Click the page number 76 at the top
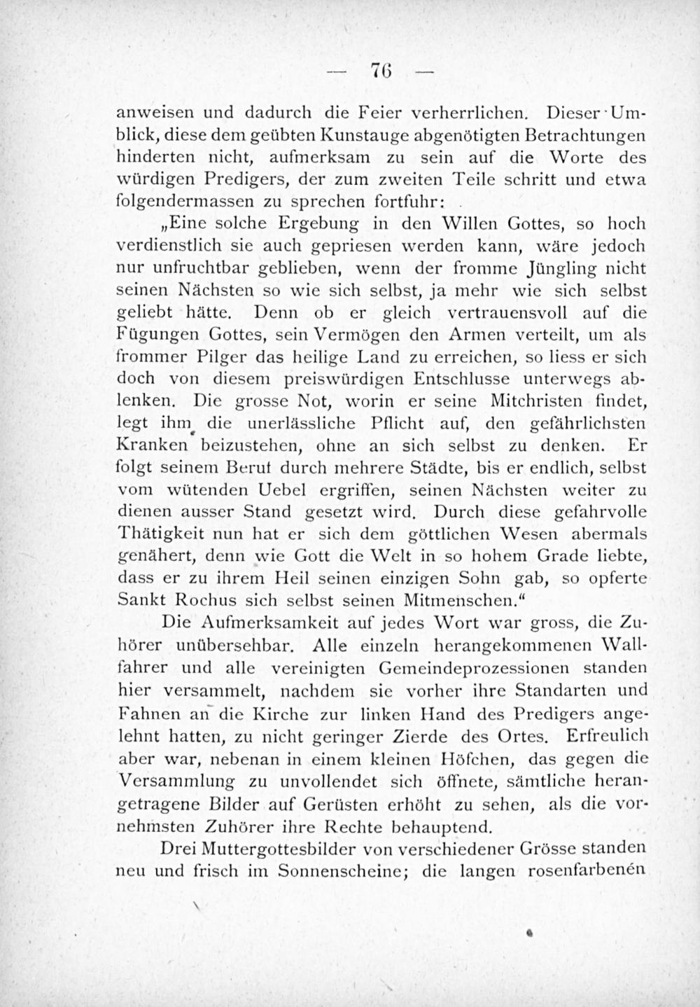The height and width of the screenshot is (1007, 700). coord(381,73)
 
